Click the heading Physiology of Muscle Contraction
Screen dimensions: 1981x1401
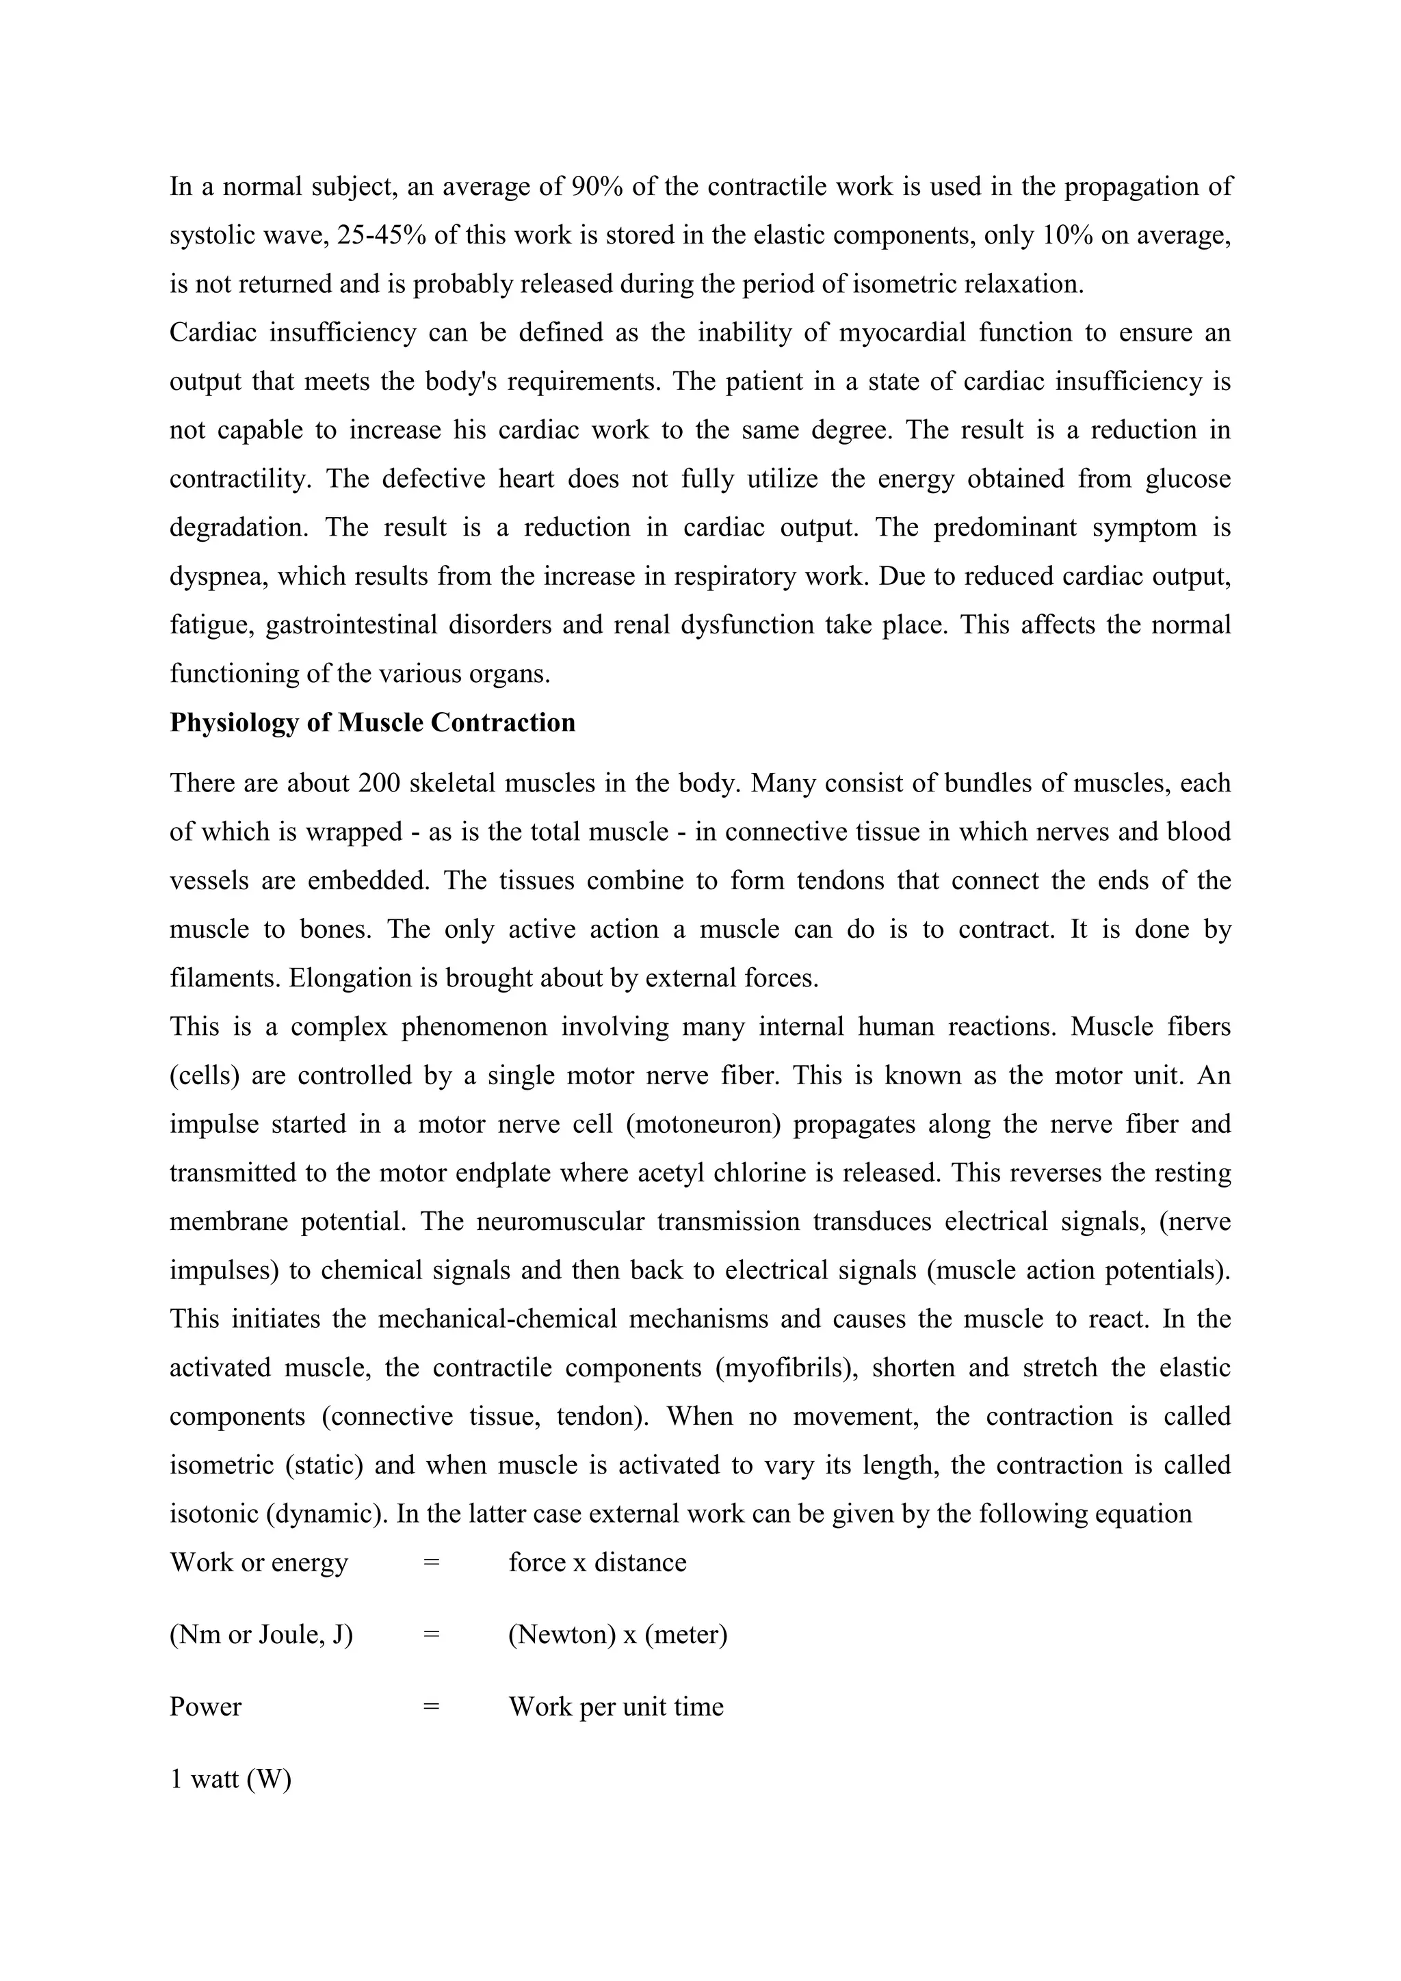(x=372, y=722)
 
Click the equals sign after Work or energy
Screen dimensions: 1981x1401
(x=432, y=1562)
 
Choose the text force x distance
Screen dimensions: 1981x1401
(x=597, y=1562)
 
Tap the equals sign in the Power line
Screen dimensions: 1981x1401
(x=432, y=1707)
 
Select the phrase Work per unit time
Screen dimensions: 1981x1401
(x=616, y=1707)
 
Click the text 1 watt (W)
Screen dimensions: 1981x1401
(x=231, y=1779)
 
